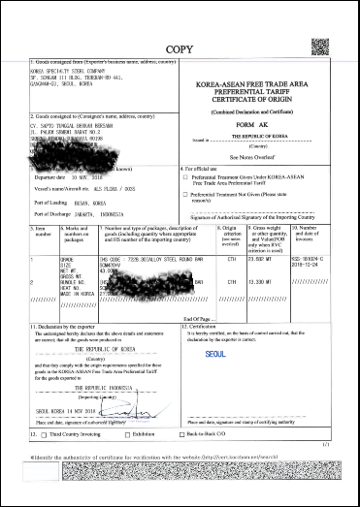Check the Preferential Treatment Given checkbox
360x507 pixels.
click(x=186, y=178)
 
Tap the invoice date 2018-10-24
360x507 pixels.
click(x=330, y=267)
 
